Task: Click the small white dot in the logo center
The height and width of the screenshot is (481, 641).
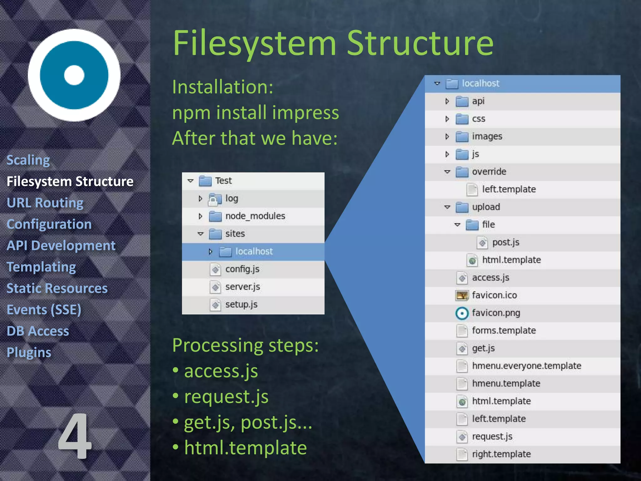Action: tap(74, 75)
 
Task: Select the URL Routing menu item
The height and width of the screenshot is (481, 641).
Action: tap(45, 203)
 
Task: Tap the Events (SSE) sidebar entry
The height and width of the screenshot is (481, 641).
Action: tap(44, 310)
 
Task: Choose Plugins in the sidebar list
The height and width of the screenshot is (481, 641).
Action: tap(29, 352)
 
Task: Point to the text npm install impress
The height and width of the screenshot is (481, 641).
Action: tap(255, 112)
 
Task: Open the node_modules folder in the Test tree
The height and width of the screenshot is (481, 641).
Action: tap(255, 216)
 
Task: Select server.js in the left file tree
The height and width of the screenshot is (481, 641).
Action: tap(242, 287)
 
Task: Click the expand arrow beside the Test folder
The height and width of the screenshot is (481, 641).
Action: tap(190, 181)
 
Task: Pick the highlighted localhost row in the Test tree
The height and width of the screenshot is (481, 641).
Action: tap(254, 251)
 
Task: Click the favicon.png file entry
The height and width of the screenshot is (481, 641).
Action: tap(496, 313)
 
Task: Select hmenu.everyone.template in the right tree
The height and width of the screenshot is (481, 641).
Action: tap(526, 366)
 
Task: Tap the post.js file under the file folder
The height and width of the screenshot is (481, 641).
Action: tap(505, 242)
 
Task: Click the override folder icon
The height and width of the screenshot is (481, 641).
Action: tap(462, 172)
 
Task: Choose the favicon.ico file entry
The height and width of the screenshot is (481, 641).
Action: tap(494, 295)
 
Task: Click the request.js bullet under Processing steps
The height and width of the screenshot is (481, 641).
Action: tap(226, 397)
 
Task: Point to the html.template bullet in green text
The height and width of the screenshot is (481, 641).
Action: tap(245, 448)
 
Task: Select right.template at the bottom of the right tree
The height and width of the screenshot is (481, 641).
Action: tap(501, 454)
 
